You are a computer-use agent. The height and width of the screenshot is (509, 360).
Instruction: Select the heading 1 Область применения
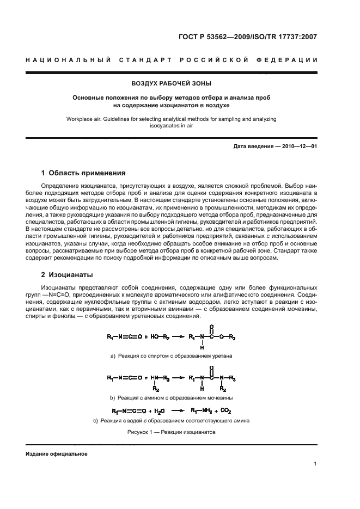click(x=83, y=173)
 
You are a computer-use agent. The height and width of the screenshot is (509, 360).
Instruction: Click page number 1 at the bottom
click(x=315, y=464)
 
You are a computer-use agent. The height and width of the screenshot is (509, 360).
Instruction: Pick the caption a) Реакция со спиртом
click(x=171, y=355)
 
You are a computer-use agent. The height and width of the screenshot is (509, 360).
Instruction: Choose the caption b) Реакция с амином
click(x=171, y=398)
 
